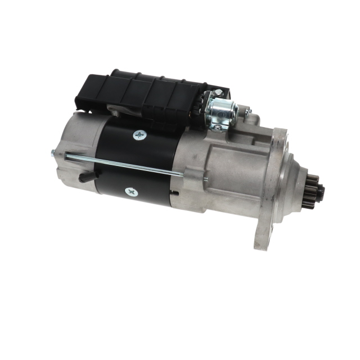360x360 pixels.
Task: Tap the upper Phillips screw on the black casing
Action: [x=139, y=135]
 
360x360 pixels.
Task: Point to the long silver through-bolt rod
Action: [x=124, y=164]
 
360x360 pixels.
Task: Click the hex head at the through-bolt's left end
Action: [x=53, y=151]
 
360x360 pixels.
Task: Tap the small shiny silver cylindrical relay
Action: [x=222, y=112]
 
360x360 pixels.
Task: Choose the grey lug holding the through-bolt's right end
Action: [x=191, y=177]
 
